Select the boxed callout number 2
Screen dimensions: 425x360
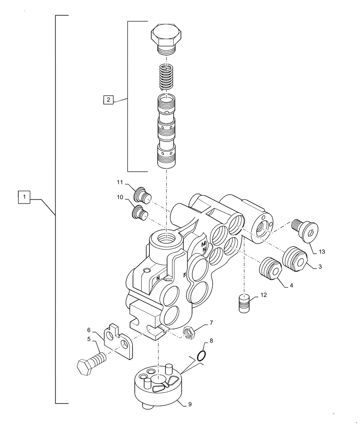click(x=109, y=100)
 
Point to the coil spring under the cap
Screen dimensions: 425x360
click(x=166, y=76)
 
